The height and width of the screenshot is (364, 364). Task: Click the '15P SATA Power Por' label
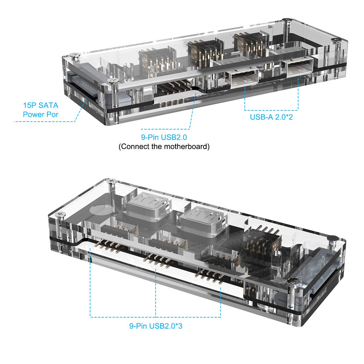(x=40, y=110)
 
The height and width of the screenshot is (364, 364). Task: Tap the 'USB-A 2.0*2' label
(x=271, y=117)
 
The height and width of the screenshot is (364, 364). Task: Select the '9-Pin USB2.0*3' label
(x=156, y=326)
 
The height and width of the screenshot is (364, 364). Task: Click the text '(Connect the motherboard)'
(x=164, y=147)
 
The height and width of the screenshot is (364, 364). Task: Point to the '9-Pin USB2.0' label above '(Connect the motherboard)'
(x=164, y=138)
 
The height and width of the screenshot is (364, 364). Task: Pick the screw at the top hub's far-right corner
(x=335, y=40)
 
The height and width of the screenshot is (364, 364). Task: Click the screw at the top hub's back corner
(x=287, y=20)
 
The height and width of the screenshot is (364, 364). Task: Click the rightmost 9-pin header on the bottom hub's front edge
(x=210, y=275)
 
